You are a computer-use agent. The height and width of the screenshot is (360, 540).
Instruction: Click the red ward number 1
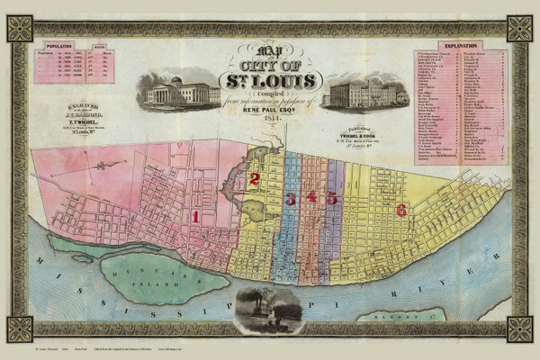(195, 216)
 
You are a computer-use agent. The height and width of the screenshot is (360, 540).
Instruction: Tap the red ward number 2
(255, 179)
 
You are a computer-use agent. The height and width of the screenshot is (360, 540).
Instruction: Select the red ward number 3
(290, 198)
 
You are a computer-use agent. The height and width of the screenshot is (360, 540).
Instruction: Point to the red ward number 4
(311, 197)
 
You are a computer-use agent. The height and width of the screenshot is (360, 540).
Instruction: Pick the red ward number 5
(332, 197)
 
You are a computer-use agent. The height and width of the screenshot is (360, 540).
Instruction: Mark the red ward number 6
(401, 210)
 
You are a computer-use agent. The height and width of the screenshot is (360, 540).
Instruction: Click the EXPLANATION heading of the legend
(460, 44)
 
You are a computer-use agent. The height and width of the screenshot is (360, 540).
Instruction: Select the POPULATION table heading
(58, 43)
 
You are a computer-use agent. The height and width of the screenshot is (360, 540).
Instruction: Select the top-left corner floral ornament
(20, 28)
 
